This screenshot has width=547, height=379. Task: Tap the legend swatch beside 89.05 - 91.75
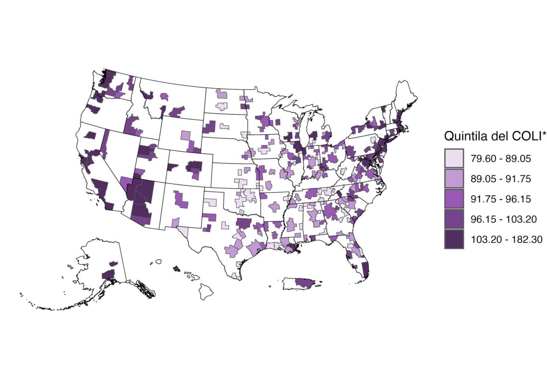tap(453, 179)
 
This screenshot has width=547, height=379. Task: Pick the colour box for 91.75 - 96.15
tap(453, 199)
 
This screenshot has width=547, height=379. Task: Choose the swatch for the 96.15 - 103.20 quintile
tap(453, 219)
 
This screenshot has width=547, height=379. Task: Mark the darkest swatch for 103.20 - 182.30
tap(453, 239)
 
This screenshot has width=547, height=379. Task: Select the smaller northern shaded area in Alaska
tap(113, 263)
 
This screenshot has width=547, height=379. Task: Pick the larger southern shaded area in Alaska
tap(108, 274)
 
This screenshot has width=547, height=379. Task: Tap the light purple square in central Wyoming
tap(186, 135)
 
